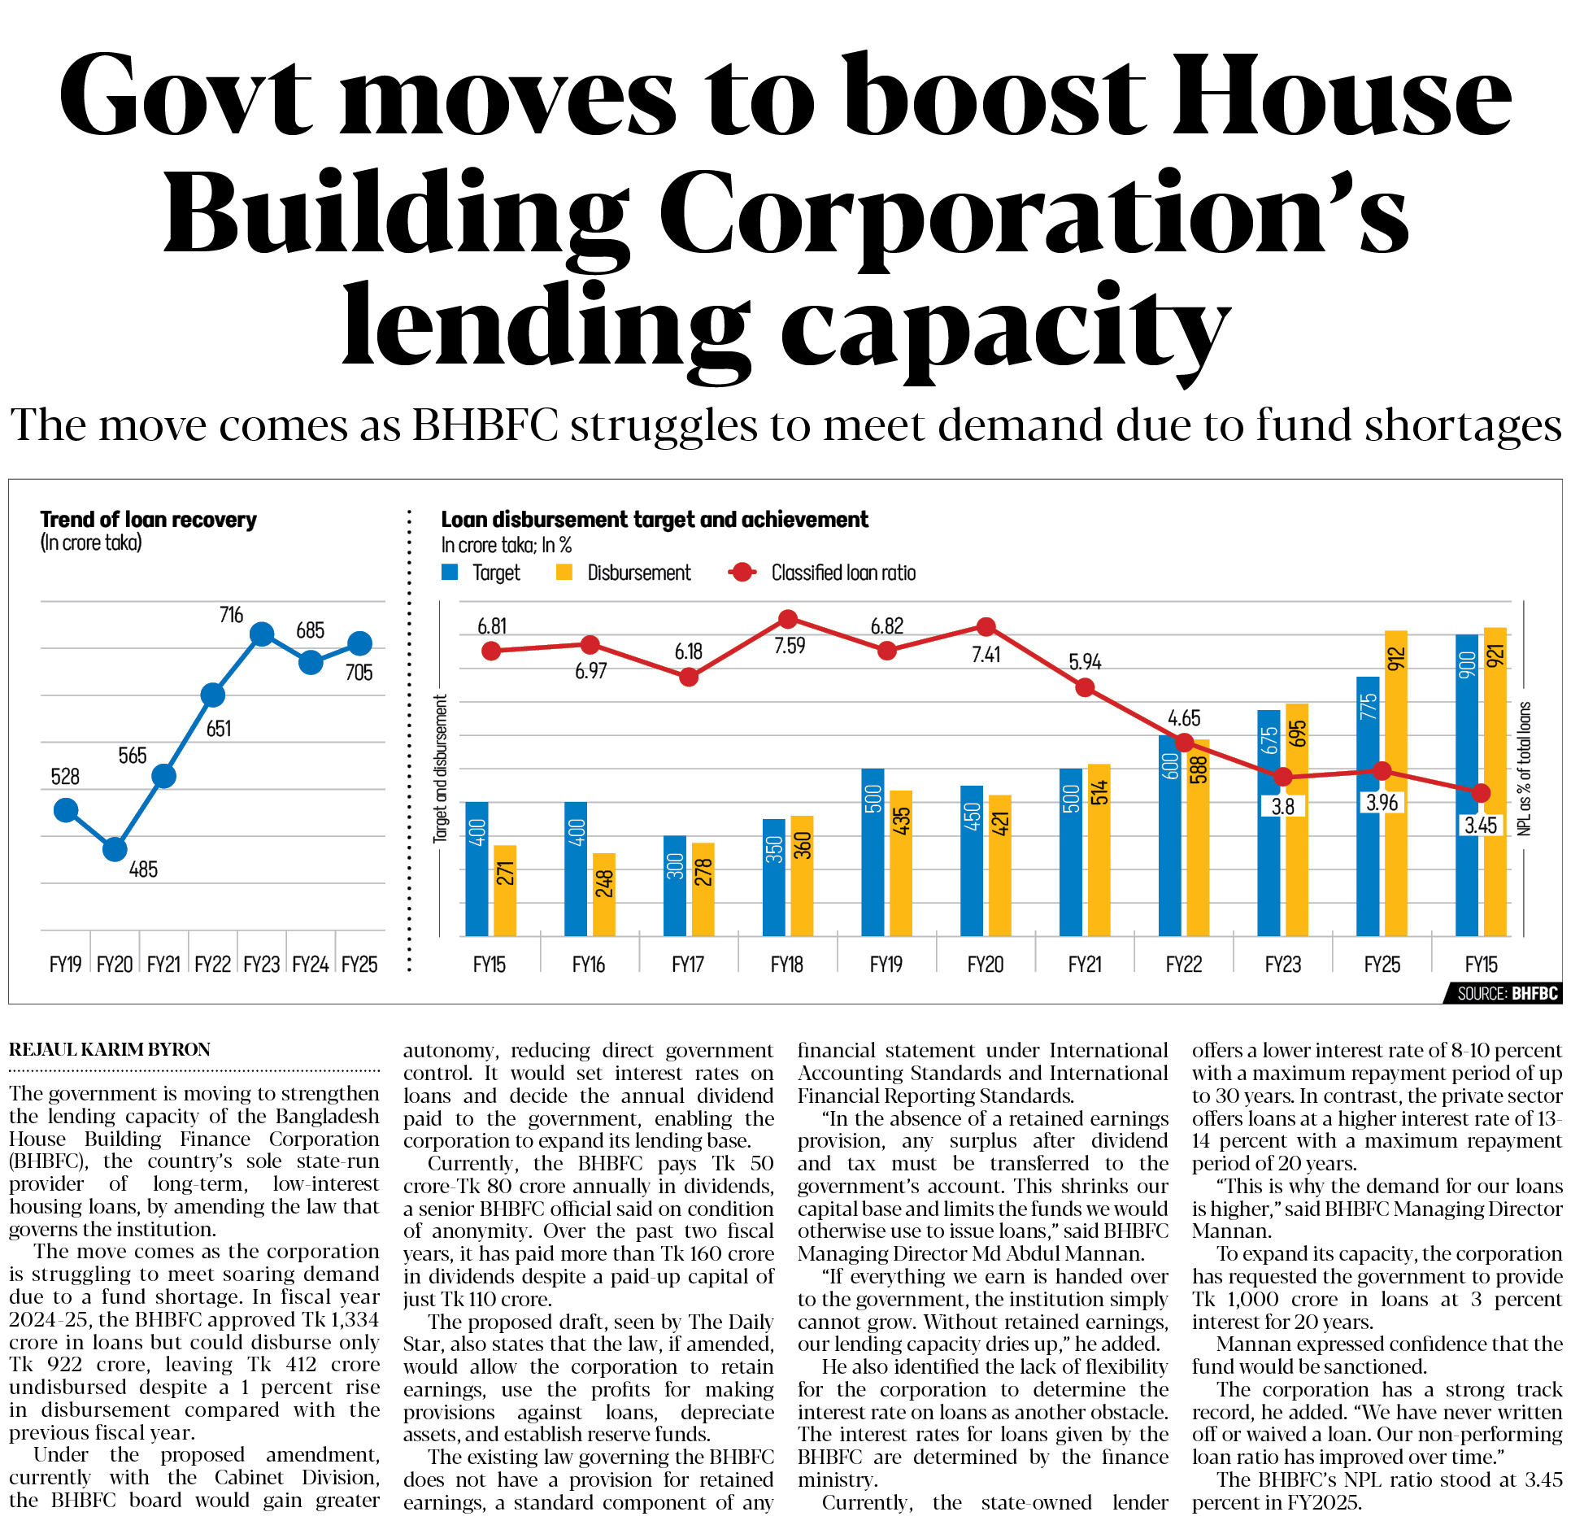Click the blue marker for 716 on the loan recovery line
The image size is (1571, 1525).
coord(262,634)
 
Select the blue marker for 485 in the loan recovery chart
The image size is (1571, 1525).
coord(115,849)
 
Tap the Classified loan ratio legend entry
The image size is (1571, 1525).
coord(823,573)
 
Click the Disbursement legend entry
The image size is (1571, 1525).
coord(624,573)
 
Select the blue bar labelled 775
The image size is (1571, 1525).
coord(1368,805)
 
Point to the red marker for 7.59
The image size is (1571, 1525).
coord(787,620)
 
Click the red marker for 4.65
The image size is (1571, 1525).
coord(1184,742)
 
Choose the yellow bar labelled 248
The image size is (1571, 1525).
coord(603,894)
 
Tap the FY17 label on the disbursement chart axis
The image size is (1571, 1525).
coord(688,965)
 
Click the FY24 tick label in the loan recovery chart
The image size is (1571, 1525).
coord(310,965)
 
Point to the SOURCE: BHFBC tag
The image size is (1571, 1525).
coord(1507,993)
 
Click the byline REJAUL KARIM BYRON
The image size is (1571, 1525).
coord(110,1050)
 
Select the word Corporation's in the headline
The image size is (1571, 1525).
coord(1033,213)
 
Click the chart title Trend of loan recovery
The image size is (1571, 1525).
coord(148,520)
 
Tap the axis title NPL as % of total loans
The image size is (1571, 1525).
coord(1524,769)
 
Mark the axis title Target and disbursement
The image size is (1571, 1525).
coord(441,769)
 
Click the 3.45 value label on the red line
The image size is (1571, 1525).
coord(1481,826)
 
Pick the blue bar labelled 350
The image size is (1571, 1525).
coord(773,877)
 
